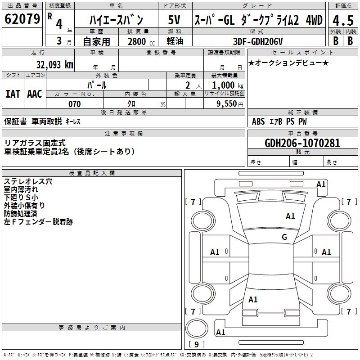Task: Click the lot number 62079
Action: pyautogui.click(x=22, y=19)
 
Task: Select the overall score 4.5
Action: pyautogui.click(x=343, y=20)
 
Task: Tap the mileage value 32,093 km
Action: pyautogui.click(x=54, y=65)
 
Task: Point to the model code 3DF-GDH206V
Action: pyautogui.click(x=258, y=41)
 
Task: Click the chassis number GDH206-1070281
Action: pyautogui.click(x=302, y=143)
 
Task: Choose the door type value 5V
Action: pyautogui.click(x=174, y=20)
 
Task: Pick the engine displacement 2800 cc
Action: pyautogui.click(x=141, y=41)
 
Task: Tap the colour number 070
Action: pyautogui.click(x=75, y=104)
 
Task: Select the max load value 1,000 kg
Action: pyautogui.click(x=228, y=85)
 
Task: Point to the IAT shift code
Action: pyautogui.click(x=13, y=94)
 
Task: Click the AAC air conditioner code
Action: pyautogui.click(x=35, y=94)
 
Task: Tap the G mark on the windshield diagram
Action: pyautogui.click(x=284, y=237)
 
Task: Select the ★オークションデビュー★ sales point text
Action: pyautogui.click(x=288, y=63)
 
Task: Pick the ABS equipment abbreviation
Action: pyautogui.click(x=258, y=121)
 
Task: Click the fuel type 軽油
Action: pyautogui.click(x=175, y=41)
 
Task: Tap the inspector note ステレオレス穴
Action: pyautogui.click(x=28, y=181)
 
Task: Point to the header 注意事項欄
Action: pyautogui.click(x=124, y=133)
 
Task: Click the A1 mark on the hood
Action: pyautogui.click(x=290, y=216)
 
